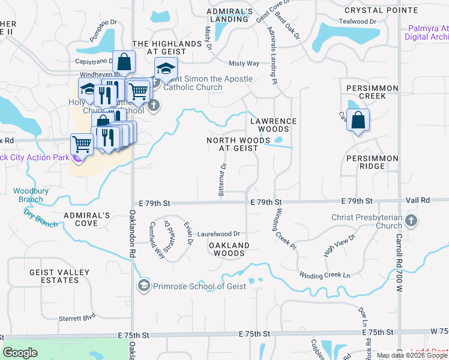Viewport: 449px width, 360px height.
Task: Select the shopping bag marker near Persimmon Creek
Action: coord(358,120)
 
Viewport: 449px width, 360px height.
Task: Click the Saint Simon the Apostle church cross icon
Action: coord(154,106)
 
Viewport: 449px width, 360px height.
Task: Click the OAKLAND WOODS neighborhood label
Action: coord(229,249)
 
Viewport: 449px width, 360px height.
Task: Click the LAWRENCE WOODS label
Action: coord(273,125)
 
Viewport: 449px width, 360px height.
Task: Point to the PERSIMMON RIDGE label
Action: coord(372,162)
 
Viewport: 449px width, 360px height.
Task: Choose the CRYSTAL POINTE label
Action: coord(381,10)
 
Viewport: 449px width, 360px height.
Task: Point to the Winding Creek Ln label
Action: coord(325,275)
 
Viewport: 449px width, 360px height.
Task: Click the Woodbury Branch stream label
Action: coord(28,195)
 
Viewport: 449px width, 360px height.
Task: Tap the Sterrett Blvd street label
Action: coord(77,317)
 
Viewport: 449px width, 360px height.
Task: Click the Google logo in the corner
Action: coord(20,353)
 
